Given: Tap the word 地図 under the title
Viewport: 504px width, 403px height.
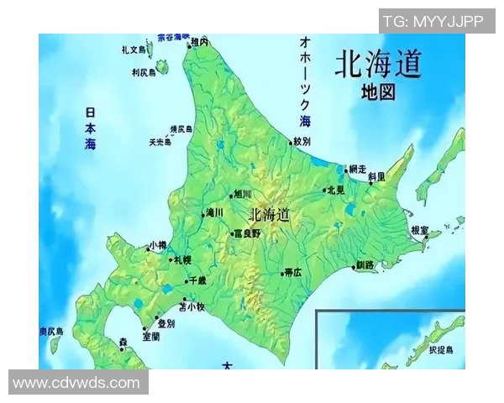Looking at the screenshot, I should point(378,92).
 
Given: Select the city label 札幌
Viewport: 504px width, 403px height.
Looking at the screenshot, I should point(181,259).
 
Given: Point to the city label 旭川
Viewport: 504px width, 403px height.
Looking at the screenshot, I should point(243,193).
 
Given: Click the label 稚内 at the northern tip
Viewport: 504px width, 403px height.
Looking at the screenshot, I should point(199,41).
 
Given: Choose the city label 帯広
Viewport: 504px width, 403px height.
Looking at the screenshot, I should point(293,272).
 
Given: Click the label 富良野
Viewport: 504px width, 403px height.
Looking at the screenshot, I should point(248,233).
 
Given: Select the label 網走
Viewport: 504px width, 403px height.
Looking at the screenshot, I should point(357,169).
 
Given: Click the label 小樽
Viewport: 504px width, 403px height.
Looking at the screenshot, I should point(158,246).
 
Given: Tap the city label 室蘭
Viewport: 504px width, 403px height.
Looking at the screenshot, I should point(151,336).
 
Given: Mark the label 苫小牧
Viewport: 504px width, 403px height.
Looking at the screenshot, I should point(192,306).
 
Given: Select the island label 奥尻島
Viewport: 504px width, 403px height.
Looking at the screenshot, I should point(51,332).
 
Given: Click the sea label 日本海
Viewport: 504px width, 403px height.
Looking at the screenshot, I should point(91,128).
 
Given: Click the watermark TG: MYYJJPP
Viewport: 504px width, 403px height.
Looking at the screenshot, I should point(433,21).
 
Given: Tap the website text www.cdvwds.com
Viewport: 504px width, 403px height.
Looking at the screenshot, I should point(76,383).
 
